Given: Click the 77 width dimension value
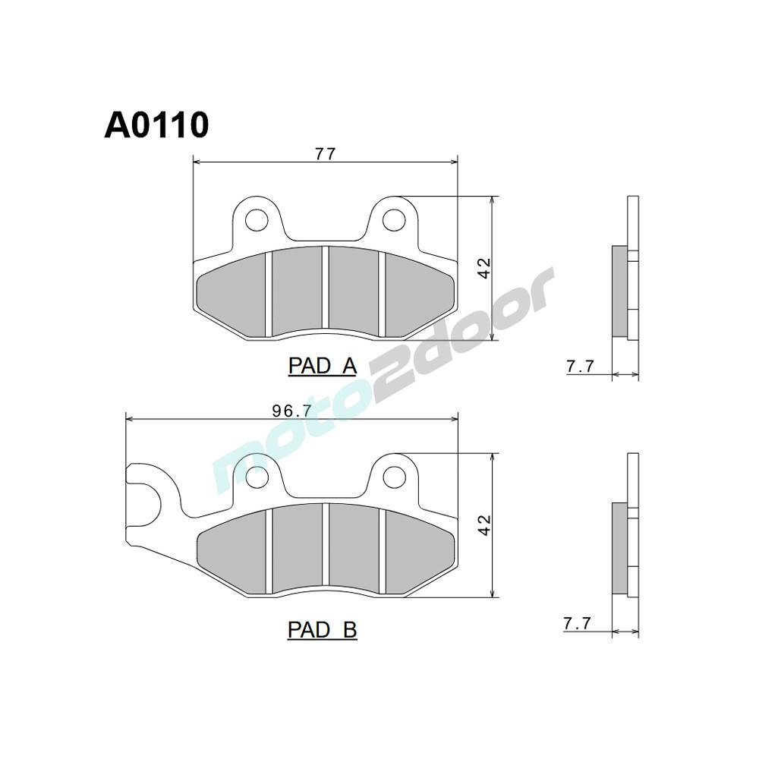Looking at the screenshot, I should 326,153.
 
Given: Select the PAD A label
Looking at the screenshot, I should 322,366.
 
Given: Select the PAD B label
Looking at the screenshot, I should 322,629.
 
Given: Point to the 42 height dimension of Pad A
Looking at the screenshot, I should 484,268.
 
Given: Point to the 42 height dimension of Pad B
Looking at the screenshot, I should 484,524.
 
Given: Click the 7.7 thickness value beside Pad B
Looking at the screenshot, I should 577,623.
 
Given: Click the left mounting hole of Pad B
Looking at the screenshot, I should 257,477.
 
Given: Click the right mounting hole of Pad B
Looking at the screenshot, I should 392,477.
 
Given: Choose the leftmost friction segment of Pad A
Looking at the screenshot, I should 231,296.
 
